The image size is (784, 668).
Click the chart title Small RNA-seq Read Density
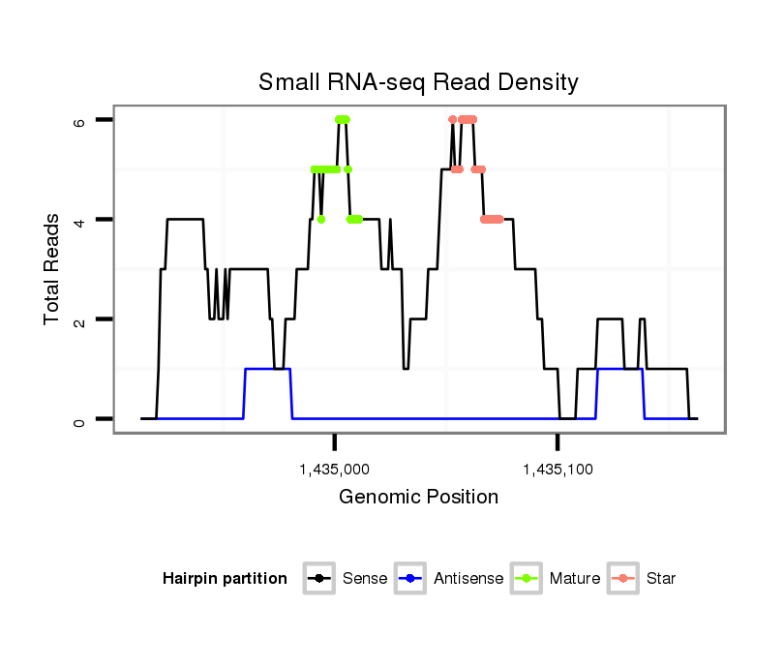[418, 82]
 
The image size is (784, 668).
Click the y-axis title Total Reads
[53, 269]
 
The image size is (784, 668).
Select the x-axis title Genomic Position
[418, 498]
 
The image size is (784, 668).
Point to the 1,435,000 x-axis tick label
[335, 471]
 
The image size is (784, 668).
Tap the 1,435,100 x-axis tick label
[558, 471]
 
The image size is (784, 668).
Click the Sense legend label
[365, 579]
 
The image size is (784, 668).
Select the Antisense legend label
[468, 579]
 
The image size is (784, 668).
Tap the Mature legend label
[575, 579]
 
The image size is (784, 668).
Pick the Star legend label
[661, 579]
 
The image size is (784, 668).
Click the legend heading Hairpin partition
[226, 579]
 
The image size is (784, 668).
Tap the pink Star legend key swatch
[624, 579]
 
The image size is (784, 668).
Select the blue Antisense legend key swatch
[412, 579]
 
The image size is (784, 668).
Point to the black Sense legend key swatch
[319, 579]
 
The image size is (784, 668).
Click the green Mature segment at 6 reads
[342, 119]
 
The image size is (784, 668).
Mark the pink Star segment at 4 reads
[492, 219]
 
